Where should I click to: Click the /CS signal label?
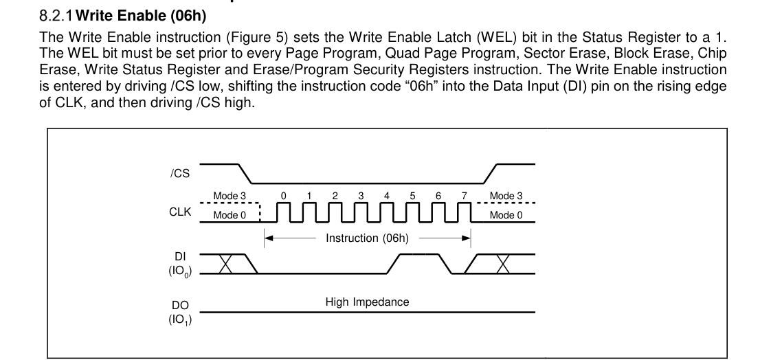179,174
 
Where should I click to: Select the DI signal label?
180,256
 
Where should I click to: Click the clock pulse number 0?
283,196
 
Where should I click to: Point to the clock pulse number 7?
465,196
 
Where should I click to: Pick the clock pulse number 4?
387,196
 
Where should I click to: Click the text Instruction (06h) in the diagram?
368,238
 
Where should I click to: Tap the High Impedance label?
368,302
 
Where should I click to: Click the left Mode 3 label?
230,196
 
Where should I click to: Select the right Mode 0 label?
506,216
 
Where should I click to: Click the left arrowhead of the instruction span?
269,238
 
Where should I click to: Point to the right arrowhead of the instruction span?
467,238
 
